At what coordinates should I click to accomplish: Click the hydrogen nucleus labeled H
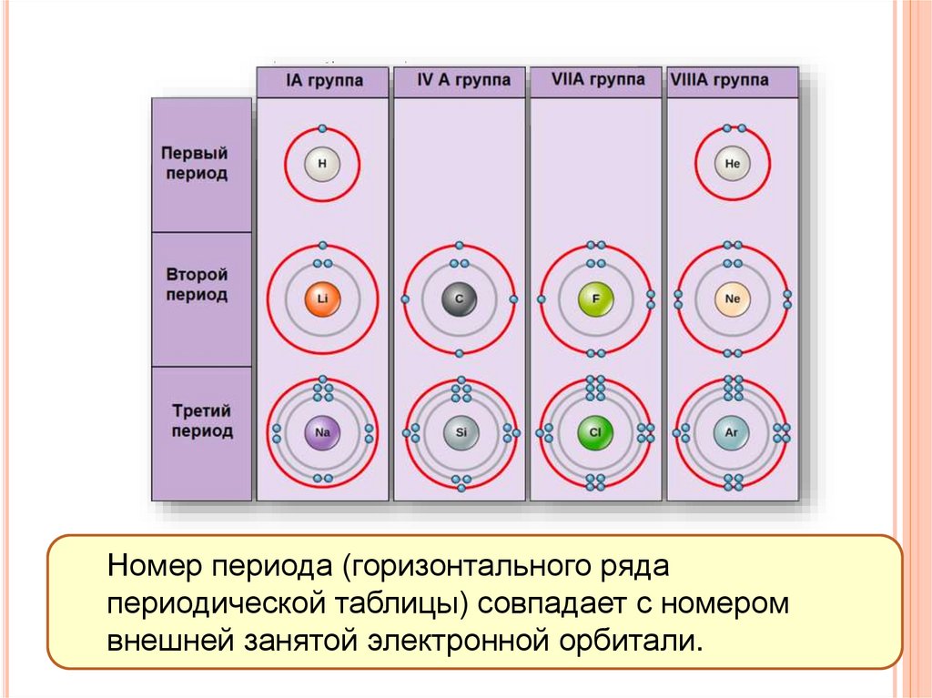(322, 165)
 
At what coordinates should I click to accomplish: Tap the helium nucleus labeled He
(733, 165)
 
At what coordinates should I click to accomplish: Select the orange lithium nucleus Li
(322, 298)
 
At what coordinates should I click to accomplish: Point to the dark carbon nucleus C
(459, 298)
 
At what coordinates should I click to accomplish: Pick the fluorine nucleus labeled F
(595, 298)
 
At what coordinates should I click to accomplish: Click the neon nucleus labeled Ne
(733, 298)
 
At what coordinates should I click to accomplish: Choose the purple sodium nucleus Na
(322, 433)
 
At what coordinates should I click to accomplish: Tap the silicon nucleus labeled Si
(460, 433)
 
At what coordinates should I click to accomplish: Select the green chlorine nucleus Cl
(595, 433)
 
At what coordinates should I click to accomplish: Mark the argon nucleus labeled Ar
(733, 433)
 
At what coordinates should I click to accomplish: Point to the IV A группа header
(460, 81)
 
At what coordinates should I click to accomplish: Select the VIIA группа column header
(597, 80)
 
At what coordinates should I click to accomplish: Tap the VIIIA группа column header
(732, 81)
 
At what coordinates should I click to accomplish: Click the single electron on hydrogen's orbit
(322, 127)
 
